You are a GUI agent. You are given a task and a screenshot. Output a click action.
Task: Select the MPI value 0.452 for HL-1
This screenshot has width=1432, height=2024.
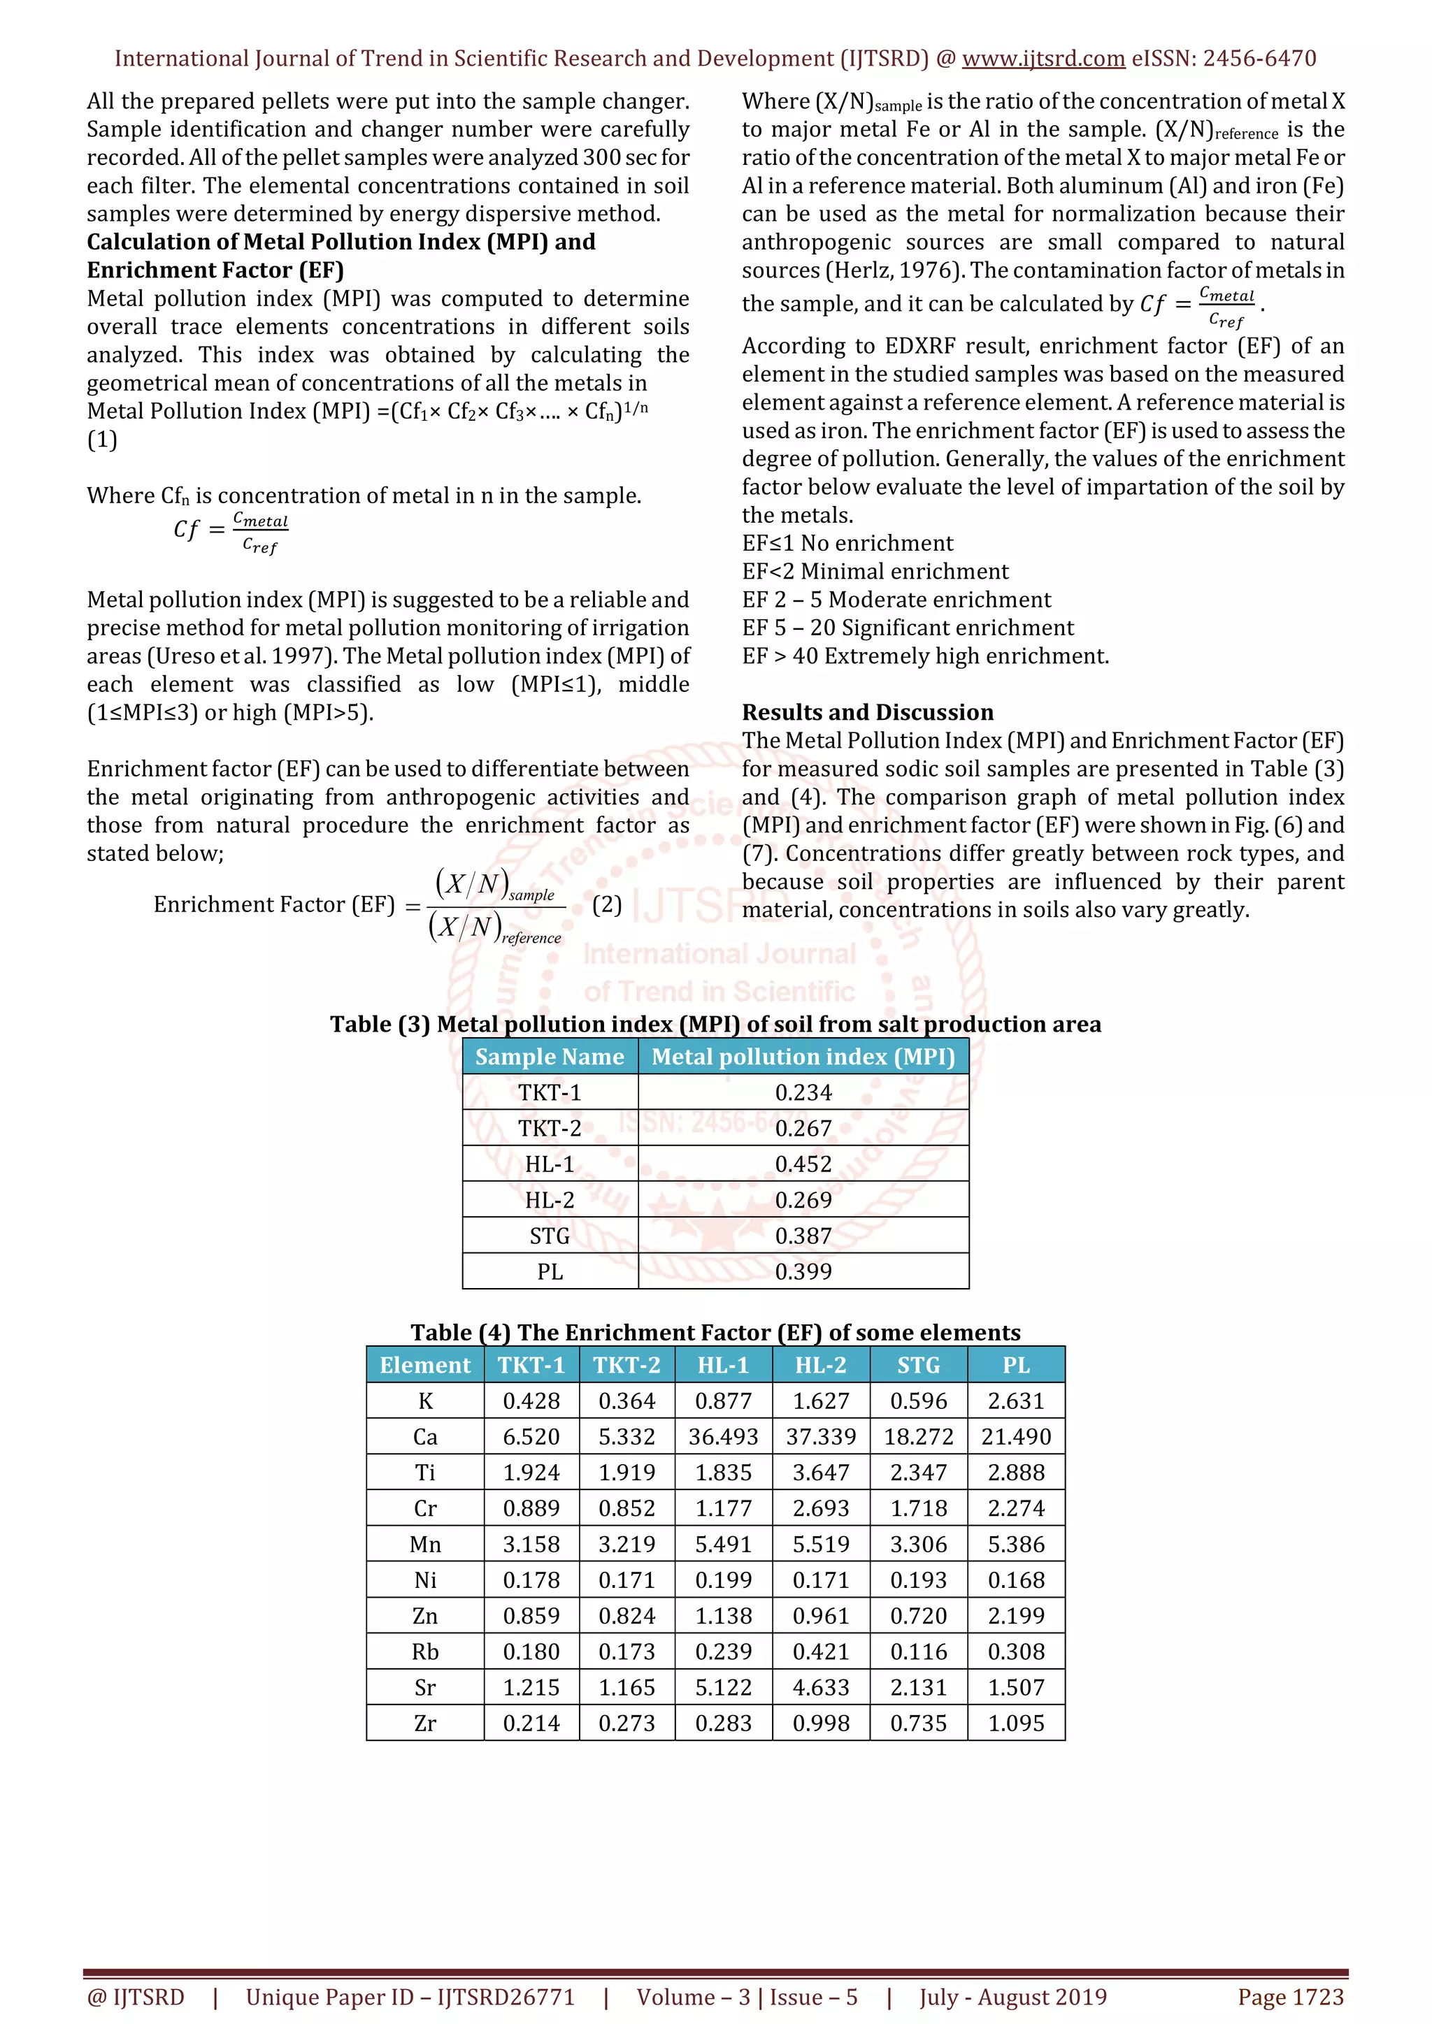(x=803, y=1164)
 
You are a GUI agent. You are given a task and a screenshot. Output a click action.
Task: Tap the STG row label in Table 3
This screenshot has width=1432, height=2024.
(x=550, y=1236)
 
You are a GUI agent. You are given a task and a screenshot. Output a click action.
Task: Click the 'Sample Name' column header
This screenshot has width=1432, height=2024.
(x=550, y=1056)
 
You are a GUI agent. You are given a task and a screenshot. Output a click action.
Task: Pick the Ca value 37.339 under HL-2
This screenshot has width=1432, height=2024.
(x=820, y=1437)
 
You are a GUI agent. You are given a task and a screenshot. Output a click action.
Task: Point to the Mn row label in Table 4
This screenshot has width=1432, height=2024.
(x=425, y=1545)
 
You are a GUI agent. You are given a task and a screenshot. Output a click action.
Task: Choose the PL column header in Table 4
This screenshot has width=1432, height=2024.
(x=1016, y=1365)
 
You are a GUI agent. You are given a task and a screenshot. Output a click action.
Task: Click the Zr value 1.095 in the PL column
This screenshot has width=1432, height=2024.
(x=1016, y=1723)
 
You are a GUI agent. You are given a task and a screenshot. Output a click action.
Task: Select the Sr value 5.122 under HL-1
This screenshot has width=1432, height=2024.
(x=723, y=1687)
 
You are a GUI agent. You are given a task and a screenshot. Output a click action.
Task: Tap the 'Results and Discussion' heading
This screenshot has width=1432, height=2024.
(x=867, y=712)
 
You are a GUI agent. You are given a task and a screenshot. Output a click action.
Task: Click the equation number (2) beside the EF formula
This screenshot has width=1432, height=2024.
(x=607, y=904)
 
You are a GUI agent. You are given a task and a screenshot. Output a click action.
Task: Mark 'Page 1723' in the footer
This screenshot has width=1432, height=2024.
(x=1290, y=1997)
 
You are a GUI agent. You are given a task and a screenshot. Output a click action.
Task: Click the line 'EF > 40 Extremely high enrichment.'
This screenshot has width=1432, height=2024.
(x=925, y=656)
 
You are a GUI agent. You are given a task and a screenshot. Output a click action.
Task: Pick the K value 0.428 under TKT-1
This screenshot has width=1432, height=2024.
(x=531, y=1401)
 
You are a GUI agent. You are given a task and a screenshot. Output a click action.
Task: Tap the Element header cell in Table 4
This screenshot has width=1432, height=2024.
(x=425, y=1365)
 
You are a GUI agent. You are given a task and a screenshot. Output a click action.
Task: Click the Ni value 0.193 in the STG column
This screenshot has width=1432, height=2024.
(x=918, y=1580)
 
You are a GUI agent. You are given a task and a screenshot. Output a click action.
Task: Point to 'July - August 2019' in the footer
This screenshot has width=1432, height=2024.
(x=1012, y=1997)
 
